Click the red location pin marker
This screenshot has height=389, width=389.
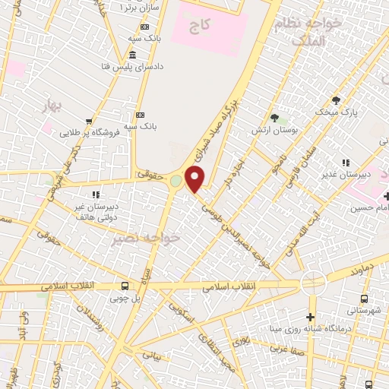[x=196, y=179]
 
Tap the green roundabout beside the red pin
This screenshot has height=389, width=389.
[x=177, y=182]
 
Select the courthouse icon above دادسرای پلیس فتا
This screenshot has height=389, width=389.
[x=133, y=55]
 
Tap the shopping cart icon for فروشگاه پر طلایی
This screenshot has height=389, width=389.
[x=90, y=122]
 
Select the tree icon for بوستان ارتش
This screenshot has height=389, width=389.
[x=274, y=119]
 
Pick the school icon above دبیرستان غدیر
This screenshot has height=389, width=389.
[x=346, y=162]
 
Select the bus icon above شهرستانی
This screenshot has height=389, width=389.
[x=365, y=299]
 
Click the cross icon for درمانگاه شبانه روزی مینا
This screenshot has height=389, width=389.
[x=310, y=316]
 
